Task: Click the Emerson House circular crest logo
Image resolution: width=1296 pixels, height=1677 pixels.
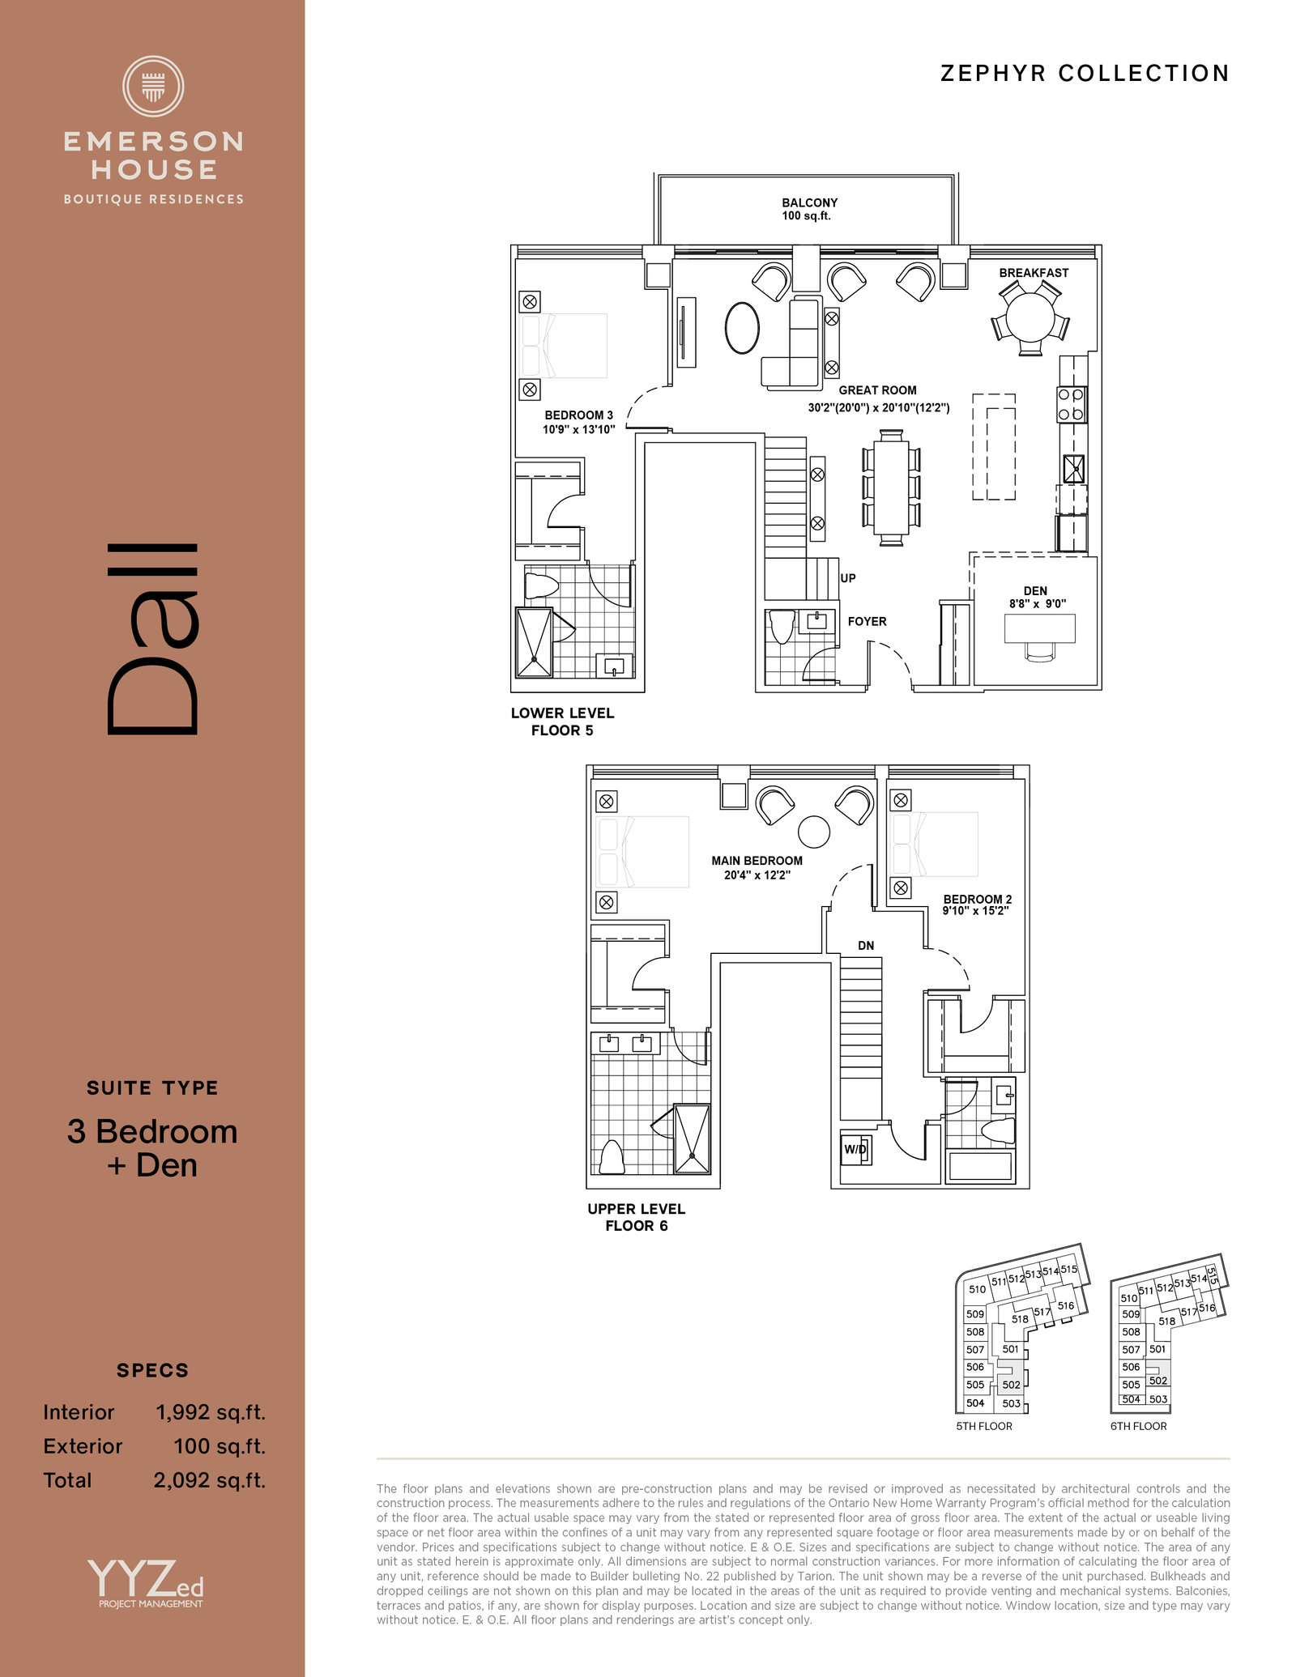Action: [153, 86]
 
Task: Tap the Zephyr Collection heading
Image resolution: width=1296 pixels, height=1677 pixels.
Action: [1085, 74]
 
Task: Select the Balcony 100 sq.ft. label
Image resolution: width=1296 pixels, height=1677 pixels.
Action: [809, 209]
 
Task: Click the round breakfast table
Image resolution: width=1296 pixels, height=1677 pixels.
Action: [1030, 317]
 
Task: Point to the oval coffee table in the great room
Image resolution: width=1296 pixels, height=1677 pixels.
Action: [742, 328]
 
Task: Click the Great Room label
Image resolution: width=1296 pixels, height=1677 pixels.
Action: [878, 390]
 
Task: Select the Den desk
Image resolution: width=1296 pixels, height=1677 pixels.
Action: [1040, 628]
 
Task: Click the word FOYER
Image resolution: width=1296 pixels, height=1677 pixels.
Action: [867, 621]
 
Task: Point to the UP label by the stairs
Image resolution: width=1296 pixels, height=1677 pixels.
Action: [848, 578]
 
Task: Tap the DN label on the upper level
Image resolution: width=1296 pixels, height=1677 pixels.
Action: [866, 945]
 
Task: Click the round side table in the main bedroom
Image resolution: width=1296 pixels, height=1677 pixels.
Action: [814, 832]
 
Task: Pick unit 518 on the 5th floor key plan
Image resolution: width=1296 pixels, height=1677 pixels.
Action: [1020, 1319]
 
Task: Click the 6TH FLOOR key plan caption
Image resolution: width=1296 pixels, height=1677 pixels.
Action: [1138, 1426]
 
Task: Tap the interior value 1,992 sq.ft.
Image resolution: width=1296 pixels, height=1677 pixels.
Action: [211, 1412]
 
